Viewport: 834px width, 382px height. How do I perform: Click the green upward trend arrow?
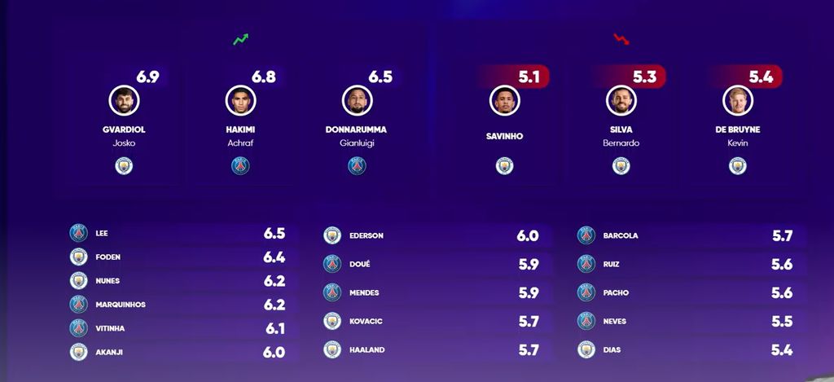point(240,39)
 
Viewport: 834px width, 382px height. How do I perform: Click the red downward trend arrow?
point(621,38)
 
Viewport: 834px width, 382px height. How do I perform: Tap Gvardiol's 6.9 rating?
point(147,77)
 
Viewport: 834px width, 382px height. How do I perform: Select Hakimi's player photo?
point(240,100)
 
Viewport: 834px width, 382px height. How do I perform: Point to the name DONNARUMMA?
point(357,130)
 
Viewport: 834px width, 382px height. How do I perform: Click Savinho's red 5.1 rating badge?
point(529,77)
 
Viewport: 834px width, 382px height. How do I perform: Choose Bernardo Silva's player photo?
point(621,100)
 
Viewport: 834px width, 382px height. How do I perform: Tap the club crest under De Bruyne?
point(738,166)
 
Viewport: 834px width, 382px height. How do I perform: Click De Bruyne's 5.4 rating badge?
point(761,77)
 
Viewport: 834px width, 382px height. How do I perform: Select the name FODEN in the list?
point(108,257)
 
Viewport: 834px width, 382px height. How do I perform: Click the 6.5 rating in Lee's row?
point(274,234)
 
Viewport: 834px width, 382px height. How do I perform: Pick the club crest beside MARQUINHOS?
point(78,305)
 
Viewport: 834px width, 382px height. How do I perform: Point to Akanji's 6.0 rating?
point(274,353)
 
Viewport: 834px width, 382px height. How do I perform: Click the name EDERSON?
point(366,236)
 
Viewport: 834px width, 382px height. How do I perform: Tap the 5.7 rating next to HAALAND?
point(529,350)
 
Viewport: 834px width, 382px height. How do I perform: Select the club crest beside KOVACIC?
point(332,321)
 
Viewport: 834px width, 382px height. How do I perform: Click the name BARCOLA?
point(621,236)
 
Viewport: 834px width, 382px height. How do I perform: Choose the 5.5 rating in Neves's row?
point(783,322)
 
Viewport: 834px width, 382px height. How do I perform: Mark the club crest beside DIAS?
point(586,349)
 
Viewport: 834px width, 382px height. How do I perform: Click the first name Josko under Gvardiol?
point(124,143)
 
